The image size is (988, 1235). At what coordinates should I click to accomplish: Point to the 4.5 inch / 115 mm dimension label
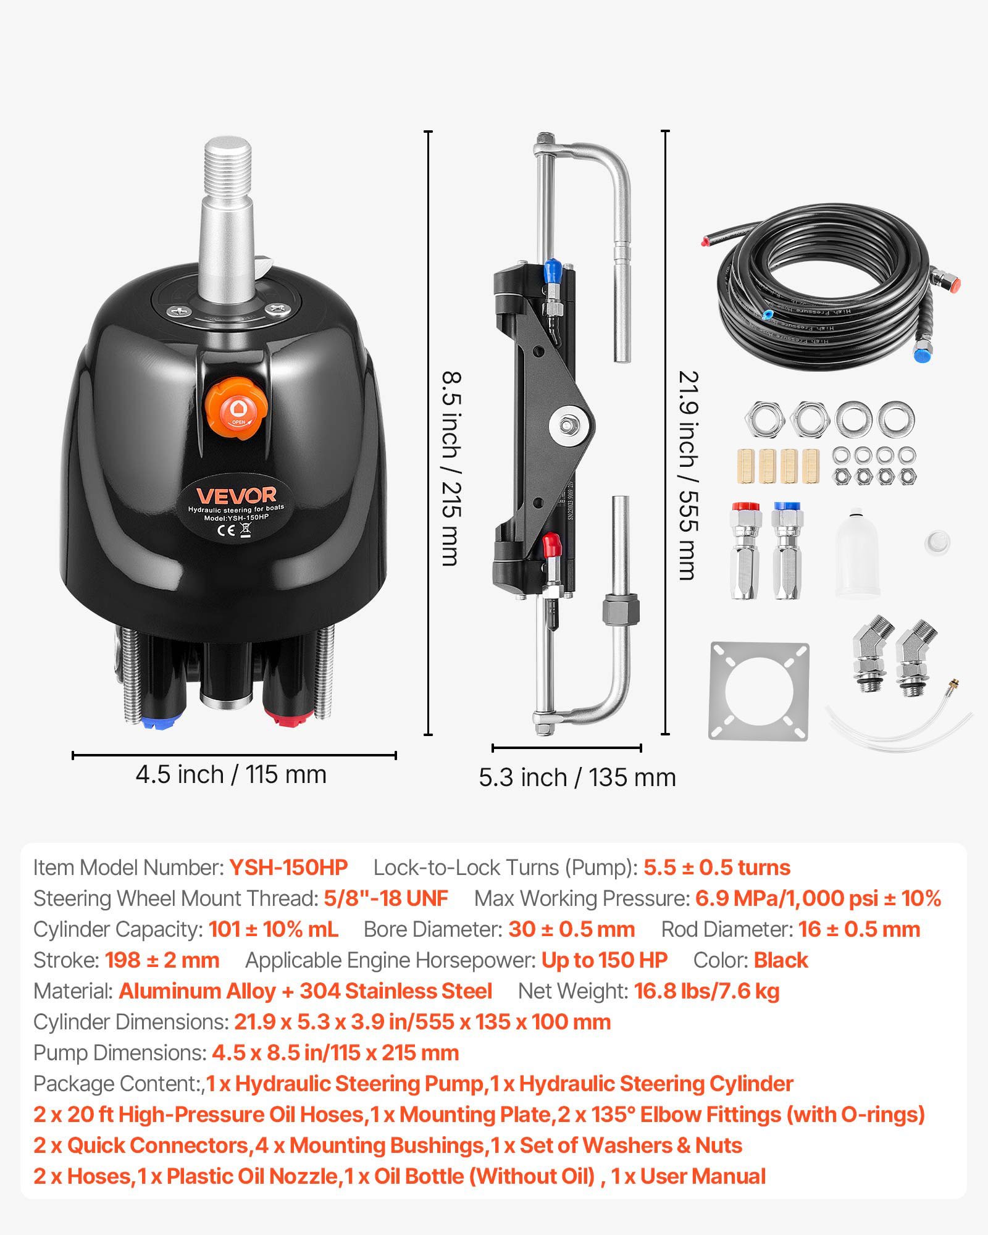click(x=231, y=774)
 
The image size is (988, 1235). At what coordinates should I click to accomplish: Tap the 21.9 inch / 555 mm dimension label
click(x=689, y=475)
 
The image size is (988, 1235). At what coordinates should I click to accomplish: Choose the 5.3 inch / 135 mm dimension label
click(x=577, y=777)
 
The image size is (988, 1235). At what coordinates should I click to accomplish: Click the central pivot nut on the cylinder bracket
click(x=567, y=425)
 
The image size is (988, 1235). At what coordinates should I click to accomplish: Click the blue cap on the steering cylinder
click(x=552, y=270)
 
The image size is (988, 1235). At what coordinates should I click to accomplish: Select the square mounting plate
click(x=758, y=691)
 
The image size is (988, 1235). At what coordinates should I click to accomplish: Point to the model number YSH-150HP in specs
click(x=288, y=868)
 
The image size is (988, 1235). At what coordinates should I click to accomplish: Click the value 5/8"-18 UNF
click(x=386, y=898)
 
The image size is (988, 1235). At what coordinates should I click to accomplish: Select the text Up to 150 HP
click(x=604, y=960)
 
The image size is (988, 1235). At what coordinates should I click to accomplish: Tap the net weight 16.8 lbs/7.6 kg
click(x=706, y=991)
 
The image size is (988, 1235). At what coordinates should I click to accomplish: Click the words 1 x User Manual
click(x=689, y=1176)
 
